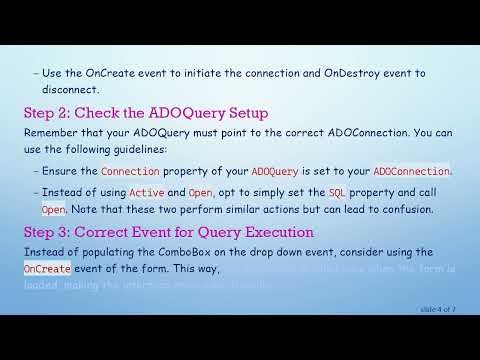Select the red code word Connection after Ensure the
coord(130,171)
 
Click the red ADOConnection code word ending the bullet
coord(410,171)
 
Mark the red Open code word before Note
coord(53,210)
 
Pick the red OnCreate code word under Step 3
coord(45,269)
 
